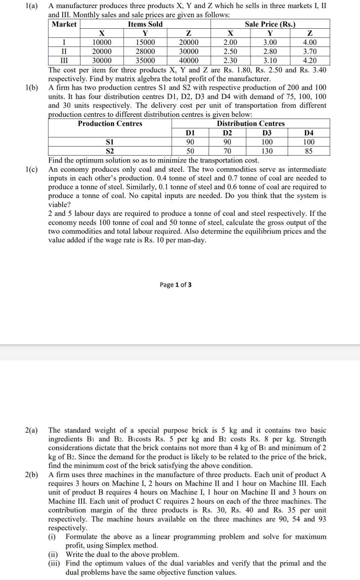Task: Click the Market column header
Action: pos(64,24)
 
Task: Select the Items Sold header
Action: pos(145,24)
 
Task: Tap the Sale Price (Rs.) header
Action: pos(270,24)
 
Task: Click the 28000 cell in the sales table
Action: pos(145,52)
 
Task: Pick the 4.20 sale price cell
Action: pos(310,61)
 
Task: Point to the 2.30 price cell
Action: pos(230,61)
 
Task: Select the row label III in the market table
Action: pos(64,61)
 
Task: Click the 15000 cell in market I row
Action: pos(145,42)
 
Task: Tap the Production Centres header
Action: pos(110,124)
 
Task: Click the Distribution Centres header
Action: pos(251,124)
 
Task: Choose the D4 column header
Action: pos(309,133)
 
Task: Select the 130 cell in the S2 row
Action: pos(267,151)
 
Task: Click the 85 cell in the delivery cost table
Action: pos(309,151)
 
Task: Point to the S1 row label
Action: pos(110,142)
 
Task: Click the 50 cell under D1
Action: pos(190,151)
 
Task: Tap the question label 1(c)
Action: pos(31,169)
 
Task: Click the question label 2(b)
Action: pos(31,475)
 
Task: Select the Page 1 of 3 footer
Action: pos(176,285)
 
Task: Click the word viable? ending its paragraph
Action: pos(60,205)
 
